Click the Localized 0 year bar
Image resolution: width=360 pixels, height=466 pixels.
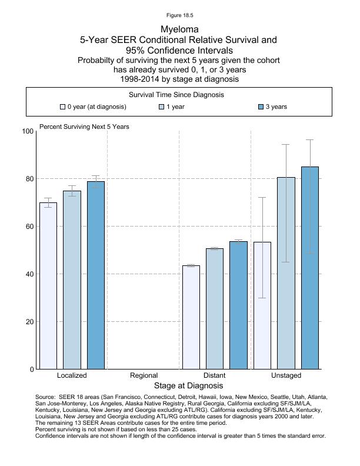point(48,286)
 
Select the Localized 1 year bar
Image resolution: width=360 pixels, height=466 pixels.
point(72,280)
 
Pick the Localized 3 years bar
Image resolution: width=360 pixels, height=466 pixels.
point(96,275)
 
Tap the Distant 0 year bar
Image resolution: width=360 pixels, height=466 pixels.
point(191,317)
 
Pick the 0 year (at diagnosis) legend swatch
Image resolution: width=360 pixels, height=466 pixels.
point(63,107)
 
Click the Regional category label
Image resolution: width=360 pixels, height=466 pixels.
point(144,375)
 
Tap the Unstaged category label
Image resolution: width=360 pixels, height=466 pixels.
point(286,375)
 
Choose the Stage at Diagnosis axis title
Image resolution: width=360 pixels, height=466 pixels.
point(188,386)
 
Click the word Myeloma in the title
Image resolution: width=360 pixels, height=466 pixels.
point(179,29)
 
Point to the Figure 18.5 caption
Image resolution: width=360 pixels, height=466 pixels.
point(179,15)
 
